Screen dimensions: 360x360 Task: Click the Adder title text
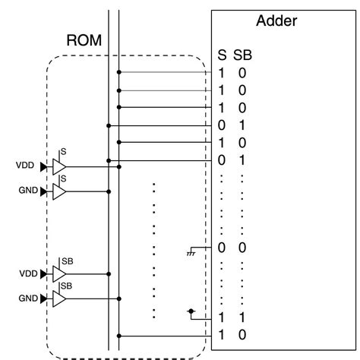(x=277, y=21)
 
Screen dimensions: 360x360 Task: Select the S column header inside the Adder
(x=222, y=55)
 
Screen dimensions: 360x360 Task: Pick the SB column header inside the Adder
(x=242, y=55)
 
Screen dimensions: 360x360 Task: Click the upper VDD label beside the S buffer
(x=25, y=165)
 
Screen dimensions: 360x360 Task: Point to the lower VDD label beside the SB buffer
(x=25, y=273)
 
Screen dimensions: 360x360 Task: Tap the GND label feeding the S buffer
(x=27, y=190)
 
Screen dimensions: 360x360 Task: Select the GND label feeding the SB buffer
(x=27, y=299)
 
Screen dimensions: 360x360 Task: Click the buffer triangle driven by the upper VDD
(x=59, y=166)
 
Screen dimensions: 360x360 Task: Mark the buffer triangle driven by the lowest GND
(x=59, y=299)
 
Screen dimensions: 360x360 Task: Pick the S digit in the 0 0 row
(x=222, y=248)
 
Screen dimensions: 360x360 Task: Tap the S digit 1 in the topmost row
(x=222, y=73)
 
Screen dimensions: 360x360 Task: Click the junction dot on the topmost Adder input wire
(x=119, y=73)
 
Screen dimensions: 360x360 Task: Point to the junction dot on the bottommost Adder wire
(x=119, y=334)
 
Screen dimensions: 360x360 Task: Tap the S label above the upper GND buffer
(x=64, y=178)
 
